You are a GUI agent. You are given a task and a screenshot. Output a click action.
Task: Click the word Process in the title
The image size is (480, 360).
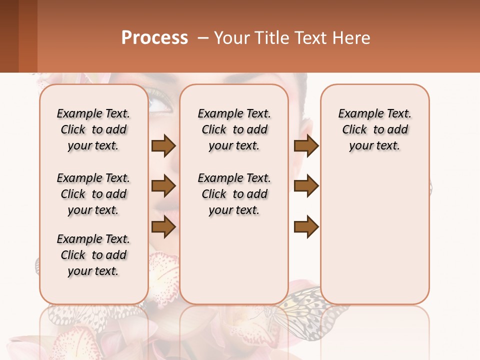(154, 38)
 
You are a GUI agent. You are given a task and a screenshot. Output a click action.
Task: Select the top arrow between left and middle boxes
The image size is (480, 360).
(163, 145)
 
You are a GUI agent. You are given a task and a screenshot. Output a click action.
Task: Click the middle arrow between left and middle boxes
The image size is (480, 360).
(163, 186)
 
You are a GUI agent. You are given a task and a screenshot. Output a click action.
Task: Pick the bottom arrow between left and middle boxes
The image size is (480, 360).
(163, 227)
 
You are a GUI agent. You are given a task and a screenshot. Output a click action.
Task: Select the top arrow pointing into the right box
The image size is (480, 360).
(306, 145)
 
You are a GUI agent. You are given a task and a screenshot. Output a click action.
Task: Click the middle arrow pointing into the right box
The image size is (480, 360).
(306, 186)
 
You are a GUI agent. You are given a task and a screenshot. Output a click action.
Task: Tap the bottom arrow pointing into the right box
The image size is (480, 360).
(306, 227)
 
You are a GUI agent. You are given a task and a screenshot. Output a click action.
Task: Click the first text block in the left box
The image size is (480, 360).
(93, 129)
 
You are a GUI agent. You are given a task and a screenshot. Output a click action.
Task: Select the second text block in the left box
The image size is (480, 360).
(93, 194)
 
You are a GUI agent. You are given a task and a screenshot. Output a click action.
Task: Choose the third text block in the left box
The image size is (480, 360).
(93, 255)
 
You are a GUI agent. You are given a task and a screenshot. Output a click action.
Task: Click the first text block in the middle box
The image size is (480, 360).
(234, 129)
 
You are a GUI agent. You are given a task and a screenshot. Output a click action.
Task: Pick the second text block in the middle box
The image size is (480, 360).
(234, 194)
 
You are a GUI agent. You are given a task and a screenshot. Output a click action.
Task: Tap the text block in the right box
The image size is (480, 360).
(374, 129)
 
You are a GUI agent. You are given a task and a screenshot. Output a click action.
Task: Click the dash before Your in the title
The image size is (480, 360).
(203, 38)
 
